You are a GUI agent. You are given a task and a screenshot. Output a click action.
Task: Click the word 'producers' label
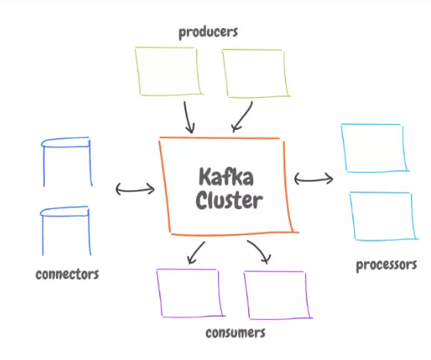point(208,32)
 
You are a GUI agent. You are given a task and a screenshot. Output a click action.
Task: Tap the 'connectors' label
point(67,274)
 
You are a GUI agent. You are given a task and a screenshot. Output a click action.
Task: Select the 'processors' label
point(386,265)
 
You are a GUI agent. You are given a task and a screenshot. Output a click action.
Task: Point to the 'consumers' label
point(236,333)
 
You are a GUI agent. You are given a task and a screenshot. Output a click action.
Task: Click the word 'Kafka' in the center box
point(226,176)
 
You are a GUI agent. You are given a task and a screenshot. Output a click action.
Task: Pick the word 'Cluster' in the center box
point(229,200)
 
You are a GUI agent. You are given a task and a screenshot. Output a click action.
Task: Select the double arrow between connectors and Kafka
point(135,190)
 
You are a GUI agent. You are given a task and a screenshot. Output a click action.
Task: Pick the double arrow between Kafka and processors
point(313,180)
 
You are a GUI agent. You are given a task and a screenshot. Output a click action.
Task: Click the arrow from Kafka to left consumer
point(196,253)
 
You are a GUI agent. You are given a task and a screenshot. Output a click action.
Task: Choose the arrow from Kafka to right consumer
point(260,249)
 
